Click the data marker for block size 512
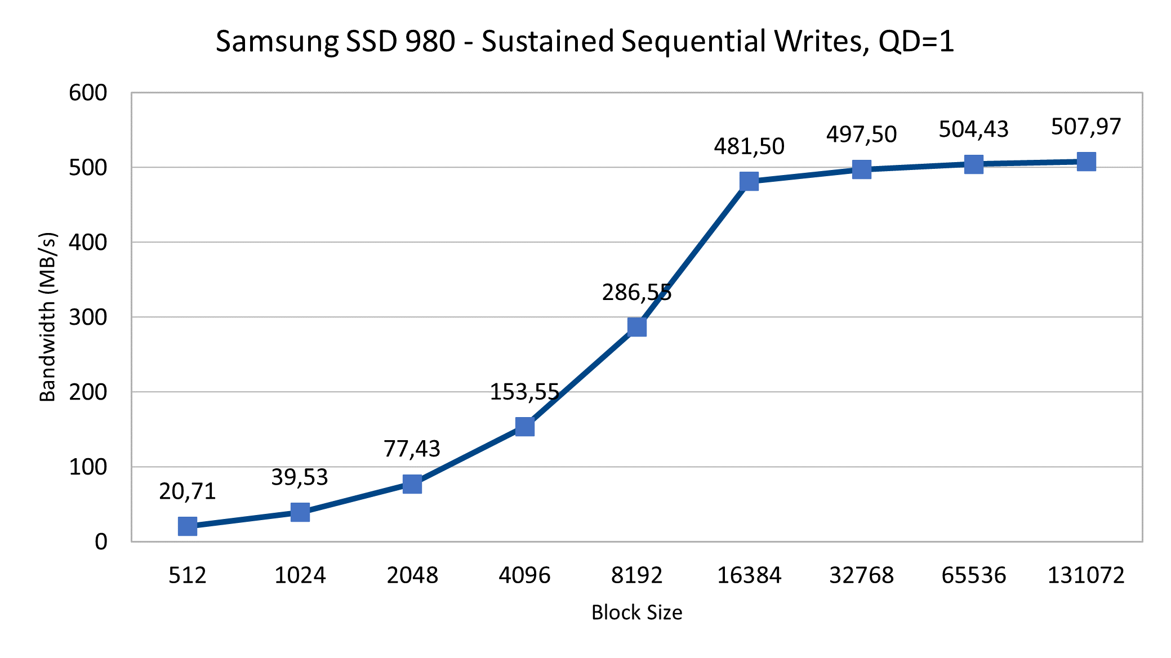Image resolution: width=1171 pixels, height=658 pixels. tap(188, 526)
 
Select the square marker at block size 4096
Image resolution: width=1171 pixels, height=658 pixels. tap(524, 427)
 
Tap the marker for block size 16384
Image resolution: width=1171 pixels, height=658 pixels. tap(749, 181)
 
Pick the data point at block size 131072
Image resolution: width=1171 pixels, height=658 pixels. tap(1086, 162)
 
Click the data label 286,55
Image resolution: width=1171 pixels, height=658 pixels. tap(636, 292)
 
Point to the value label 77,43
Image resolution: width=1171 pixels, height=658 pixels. tap(412, 449)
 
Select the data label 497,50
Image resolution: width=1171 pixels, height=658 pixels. tap(861, 135)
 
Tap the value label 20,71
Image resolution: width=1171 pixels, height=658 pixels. tap(188, 491)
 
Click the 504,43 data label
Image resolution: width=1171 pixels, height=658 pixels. tap(973, 129)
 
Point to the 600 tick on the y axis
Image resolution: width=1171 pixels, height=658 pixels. tap(88, 93)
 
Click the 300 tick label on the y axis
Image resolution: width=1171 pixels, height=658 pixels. tap(88, 317)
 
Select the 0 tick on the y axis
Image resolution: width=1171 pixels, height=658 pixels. tap(101, 541)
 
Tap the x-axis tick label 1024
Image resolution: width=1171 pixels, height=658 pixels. tap(300, 575)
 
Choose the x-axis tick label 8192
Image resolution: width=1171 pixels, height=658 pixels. tap(636, 575)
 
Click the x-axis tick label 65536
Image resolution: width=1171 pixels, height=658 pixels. tap(973, 575)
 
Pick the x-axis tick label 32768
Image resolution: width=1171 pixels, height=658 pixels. tap(861, 575)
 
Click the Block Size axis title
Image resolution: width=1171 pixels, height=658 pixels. tap(636, 612)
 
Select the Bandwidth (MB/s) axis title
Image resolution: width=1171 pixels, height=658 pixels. tap(48, 317)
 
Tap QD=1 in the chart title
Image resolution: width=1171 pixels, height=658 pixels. tap(916, 42)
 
